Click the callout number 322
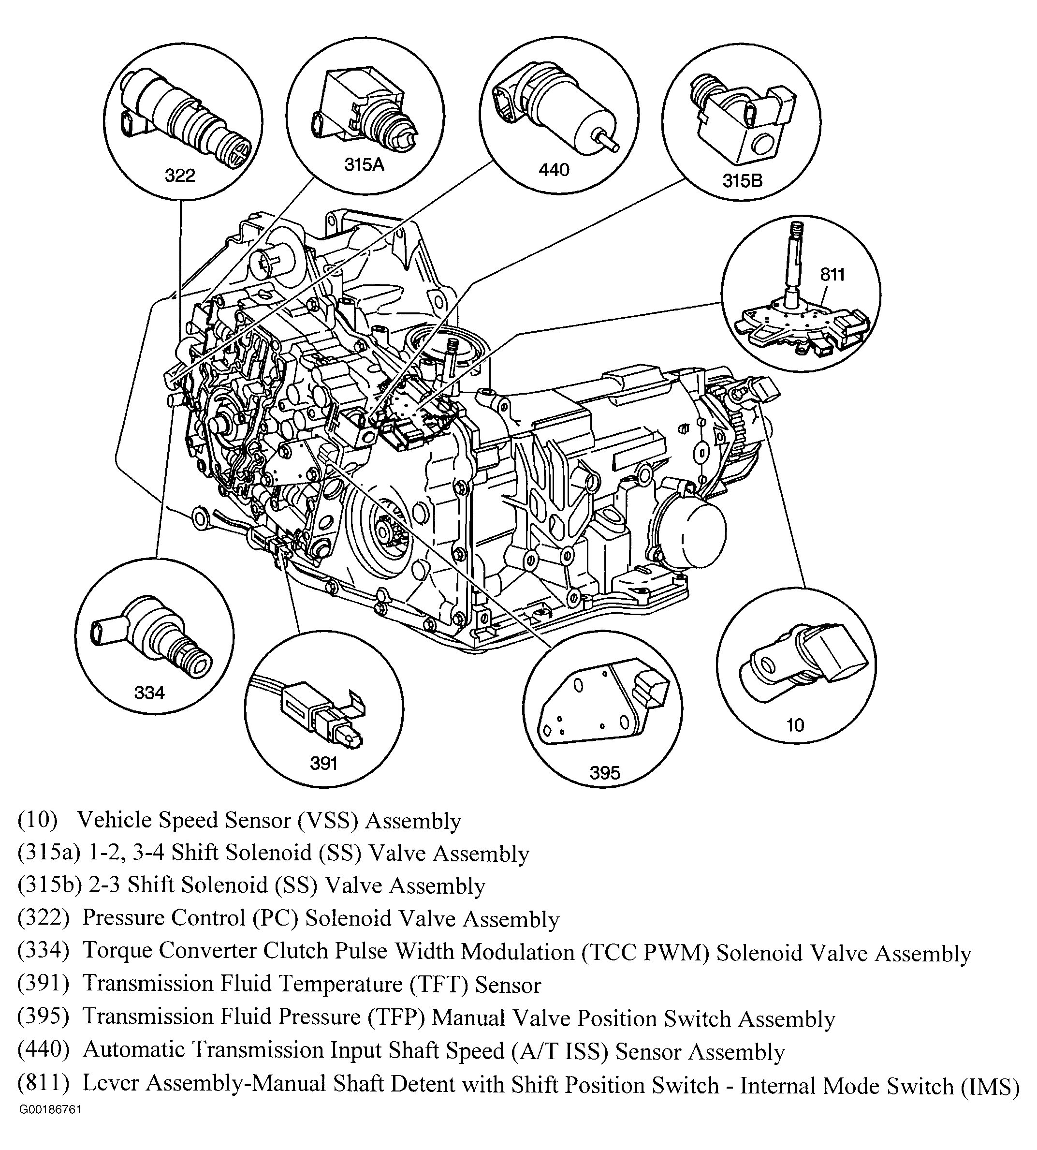(x=180, y=175)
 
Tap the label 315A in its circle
(x=365, y=165)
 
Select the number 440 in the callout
(x=554, y=169)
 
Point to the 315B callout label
(x=743, y=181)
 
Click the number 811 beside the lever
(x=833, y=275)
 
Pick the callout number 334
(x=149, y=693)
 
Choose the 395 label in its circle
(x=604, y=773)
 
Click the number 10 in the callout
(x=795, y=725)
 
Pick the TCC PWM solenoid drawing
(x=151, y=638)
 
